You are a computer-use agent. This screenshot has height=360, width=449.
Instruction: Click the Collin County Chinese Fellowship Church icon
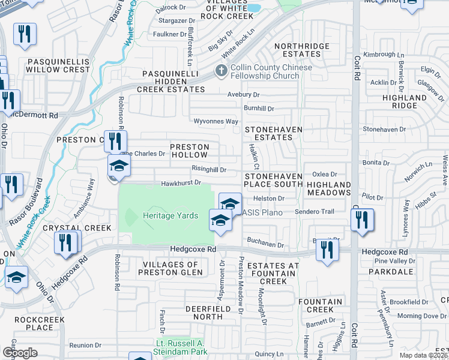pyautogui.click(x=221, y=71)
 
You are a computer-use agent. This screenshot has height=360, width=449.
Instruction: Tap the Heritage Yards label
pyautogui.click(x=170, y=215)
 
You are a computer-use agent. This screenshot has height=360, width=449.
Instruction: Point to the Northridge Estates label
pyautogui.click(x=302, y=50)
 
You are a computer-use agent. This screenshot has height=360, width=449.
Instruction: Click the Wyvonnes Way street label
pyautogui.click(x=216, y=121)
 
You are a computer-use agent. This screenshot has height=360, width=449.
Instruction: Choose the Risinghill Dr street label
pyautogui.click(x=209, y=170)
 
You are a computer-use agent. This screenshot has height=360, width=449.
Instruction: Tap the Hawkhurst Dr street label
pyautogui.click(x=180, y=183)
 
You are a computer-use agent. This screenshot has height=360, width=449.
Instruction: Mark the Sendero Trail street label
pyautogui.click(x=314, y=212)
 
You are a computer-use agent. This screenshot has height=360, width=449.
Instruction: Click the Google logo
pyautogui.click(x=19, y=352)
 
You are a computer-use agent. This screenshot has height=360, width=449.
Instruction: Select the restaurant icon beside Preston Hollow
pyautogui.click(x=115, y=142)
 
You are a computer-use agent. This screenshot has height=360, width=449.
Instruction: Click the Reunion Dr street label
pyautogui.click(x=85, y=345)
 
